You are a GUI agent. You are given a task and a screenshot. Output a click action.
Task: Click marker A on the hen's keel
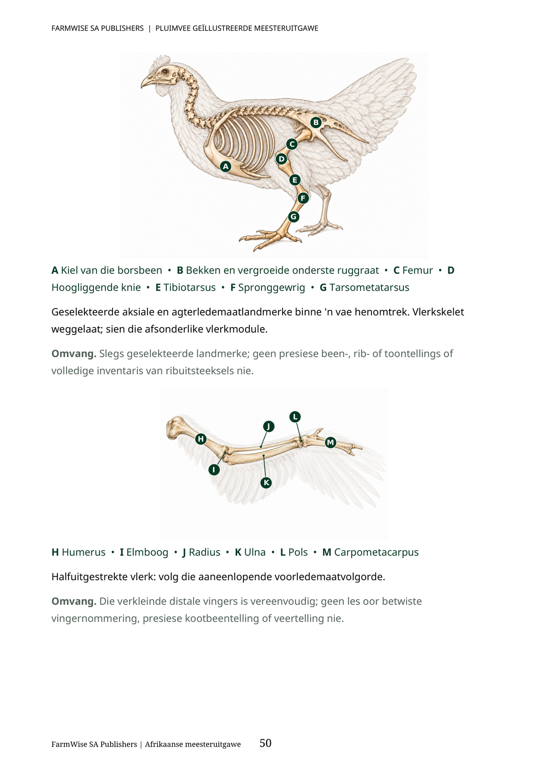tap(226, 167)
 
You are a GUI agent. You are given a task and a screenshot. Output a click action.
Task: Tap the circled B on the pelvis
tap(316, 123)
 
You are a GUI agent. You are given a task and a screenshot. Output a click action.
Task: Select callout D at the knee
tap(282, 159)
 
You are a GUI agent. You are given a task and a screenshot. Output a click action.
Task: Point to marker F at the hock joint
tap(303, 198)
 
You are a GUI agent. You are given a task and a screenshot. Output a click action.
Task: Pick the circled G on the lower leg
tap(293, 217)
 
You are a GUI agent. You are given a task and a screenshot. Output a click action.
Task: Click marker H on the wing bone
tap(201, 439)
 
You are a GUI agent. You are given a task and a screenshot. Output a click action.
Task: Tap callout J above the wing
tap(269, 427)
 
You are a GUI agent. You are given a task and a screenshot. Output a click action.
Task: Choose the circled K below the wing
tap(266, 482)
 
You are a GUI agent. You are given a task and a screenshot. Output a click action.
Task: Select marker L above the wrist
tap(295, 417)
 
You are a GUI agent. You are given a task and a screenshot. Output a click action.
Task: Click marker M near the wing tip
tap(330, 443)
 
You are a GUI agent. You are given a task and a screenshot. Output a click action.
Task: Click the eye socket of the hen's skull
tap(166, 72)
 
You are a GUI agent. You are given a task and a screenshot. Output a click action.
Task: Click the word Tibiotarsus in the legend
tap(189, 288)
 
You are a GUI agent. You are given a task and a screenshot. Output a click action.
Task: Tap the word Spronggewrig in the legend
tap(272, 288)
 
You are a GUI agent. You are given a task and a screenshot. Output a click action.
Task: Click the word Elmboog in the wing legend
tap(147, 552)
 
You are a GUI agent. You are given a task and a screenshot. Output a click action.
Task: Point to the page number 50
tap(265, 743)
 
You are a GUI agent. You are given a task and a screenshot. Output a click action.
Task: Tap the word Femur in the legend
tap(418, 270)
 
